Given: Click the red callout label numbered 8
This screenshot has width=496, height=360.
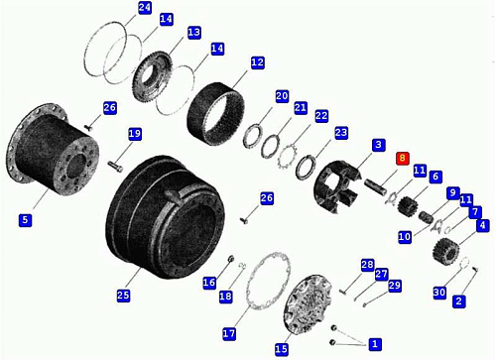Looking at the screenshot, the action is click(403, 158).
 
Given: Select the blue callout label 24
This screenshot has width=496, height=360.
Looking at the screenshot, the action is click(145, 7).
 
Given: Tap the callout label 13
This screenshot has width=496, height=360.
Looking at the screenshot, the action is click(193, 33).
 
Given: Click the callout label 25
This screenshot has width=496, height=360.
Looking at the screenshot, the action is click(123, 295).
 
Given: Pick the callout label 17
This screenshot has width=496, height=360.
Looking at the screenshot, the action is click(229, 333).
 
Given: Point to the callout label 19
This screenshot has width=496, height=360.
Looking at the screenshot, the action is click(135, 134).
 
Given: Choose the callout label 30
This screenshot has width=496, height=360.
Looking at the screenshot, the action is click(439, 293).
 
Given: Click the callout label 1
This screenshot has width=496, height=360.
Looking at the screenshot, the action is click(375, 344).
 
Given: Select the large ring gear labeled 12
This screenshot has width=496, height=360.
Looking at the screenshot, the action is click(215, 114).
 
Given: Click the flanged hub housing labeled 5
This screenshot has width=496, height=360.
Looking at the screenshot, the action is click(53, 149).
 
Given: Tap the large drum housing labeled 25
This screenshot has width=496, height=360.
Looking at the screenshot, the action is click(166, 216).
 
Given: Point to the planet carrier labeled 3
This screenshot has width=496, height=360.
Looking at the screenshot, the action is click(335, 186).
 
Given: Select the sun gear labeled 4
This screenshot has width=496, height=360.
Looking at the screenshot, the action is click(445, 250).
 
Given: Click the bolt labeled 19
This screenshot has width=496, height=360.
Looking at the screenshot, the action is click(115, 167).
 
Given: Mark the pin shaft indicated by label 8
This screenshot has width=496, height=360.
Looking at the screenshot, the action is click(376, 186).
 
